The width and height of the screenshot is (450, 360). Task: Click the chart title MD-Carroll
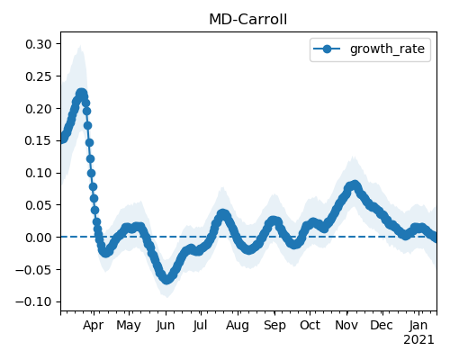coord(247,20)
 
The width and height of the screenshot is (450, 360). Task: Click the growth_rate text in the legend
coord(387,49)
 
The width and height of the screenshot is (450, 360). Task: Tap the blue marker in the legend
coord(327,49)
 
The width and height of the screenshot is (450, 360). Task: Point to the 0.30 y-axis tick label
coord(39,44)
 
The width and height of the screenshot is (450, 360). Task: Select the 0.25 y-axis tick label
coord(39,76)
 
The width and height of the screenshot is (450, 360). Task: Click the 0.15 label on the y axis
coord(39,140)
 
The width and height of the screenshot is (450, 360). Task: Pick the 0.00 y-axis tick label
coord(39,238)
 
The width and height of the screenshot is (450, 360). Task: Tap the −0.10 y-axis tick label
coord(33,301)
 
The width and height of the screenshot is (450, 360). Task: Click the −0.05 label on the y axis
coord(33,270)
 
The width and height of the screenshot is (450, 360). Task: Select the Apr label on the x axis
coord(94,326)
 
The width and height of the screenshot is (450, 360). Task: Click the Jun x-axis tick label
coord(166,326)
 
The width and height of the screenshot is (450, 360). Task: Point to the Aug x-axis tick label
coord(238,326)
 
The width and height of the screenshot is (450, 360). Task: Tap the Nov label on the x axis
coord(346,325)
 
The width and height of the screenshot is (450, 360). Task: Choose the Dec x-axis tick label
coord(382,325)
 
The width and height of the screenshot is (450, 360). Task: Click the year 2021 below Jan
coord(418,340)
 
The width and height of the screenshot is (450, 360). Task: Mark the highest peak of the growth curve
coord(81,94)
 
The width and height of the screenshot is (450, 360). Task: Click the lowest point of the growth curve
coord(166,280)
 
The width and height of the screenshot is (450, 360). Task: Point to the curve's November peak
coord(355,184)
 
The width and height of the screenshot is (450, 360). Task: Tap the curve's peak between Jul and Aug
coord(222,214)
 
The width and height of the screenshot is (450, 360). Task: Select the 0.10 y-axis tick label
coord(39,173)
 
